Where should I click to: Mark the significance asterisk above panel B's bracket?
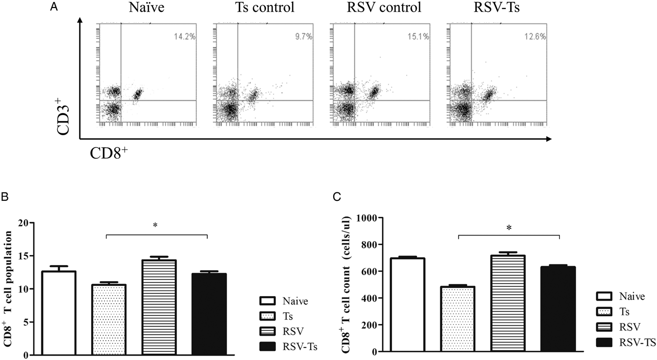(x=155, y=226)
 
